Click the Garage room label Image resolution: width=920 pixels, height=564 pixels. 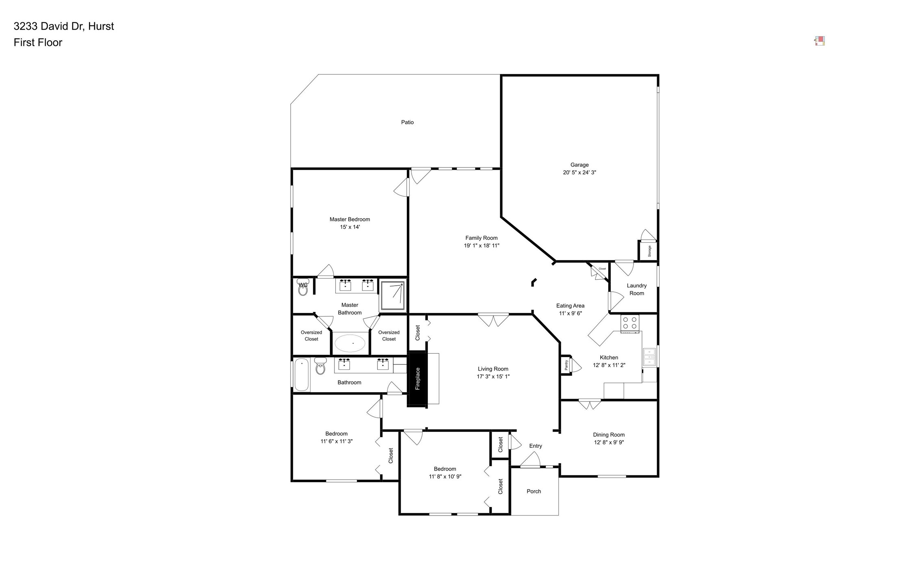click(x=579, y=165)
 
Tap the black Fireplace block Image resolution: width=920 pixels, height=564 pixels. click(x=417, y=379)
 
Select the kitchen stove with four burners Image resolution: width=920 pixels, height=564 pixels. click(x=629, y=323)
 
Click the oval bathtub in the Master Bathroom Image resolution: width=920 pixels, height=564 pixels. click(x=350, y=343)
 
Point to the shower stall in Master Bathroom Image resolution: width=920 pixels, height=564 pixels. click(x=393, y=295)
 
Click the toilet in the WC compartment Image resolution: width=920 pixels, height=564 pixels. click(x=303, y=288)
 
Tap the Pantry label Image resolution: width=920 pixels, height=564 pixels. click(x=566, y=365)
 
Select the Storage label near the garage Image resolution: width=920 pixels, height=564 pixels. click(x=649, y=251)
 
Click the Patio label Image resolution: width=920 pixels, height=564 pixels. click(x=407, y=122)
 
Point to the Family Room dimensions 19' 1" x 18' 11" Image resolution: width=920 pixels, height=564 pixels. click(x=482, y=245)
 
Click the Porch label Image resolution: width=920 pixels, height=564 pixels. click(x=534, y=491)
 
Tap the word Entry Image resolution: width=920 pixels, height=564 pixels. click(x=535, y=446)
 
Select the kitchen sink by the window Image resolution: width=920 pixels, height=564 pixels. click(x=649, y=357)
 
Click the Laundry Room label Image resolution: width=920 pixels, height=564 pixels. click(x=636, y=289)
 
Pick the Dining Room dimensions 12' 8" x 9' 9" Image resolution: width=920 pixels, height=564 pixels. click(x=608, y=442)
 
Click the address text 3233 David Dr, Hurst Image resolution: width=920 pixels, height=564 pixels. click(x=64, y=26)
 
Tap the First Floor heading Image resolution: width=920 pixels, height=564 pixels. click(x=38, y=43)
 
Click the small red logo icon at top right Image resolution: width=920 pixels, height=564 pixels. click(x=819, y=41)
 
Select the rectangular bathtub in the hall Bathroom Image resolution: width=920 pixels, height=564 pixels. click(x=302, y=375)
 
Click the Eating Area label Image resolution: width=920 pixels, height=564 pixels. click(x=570, y=306)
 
